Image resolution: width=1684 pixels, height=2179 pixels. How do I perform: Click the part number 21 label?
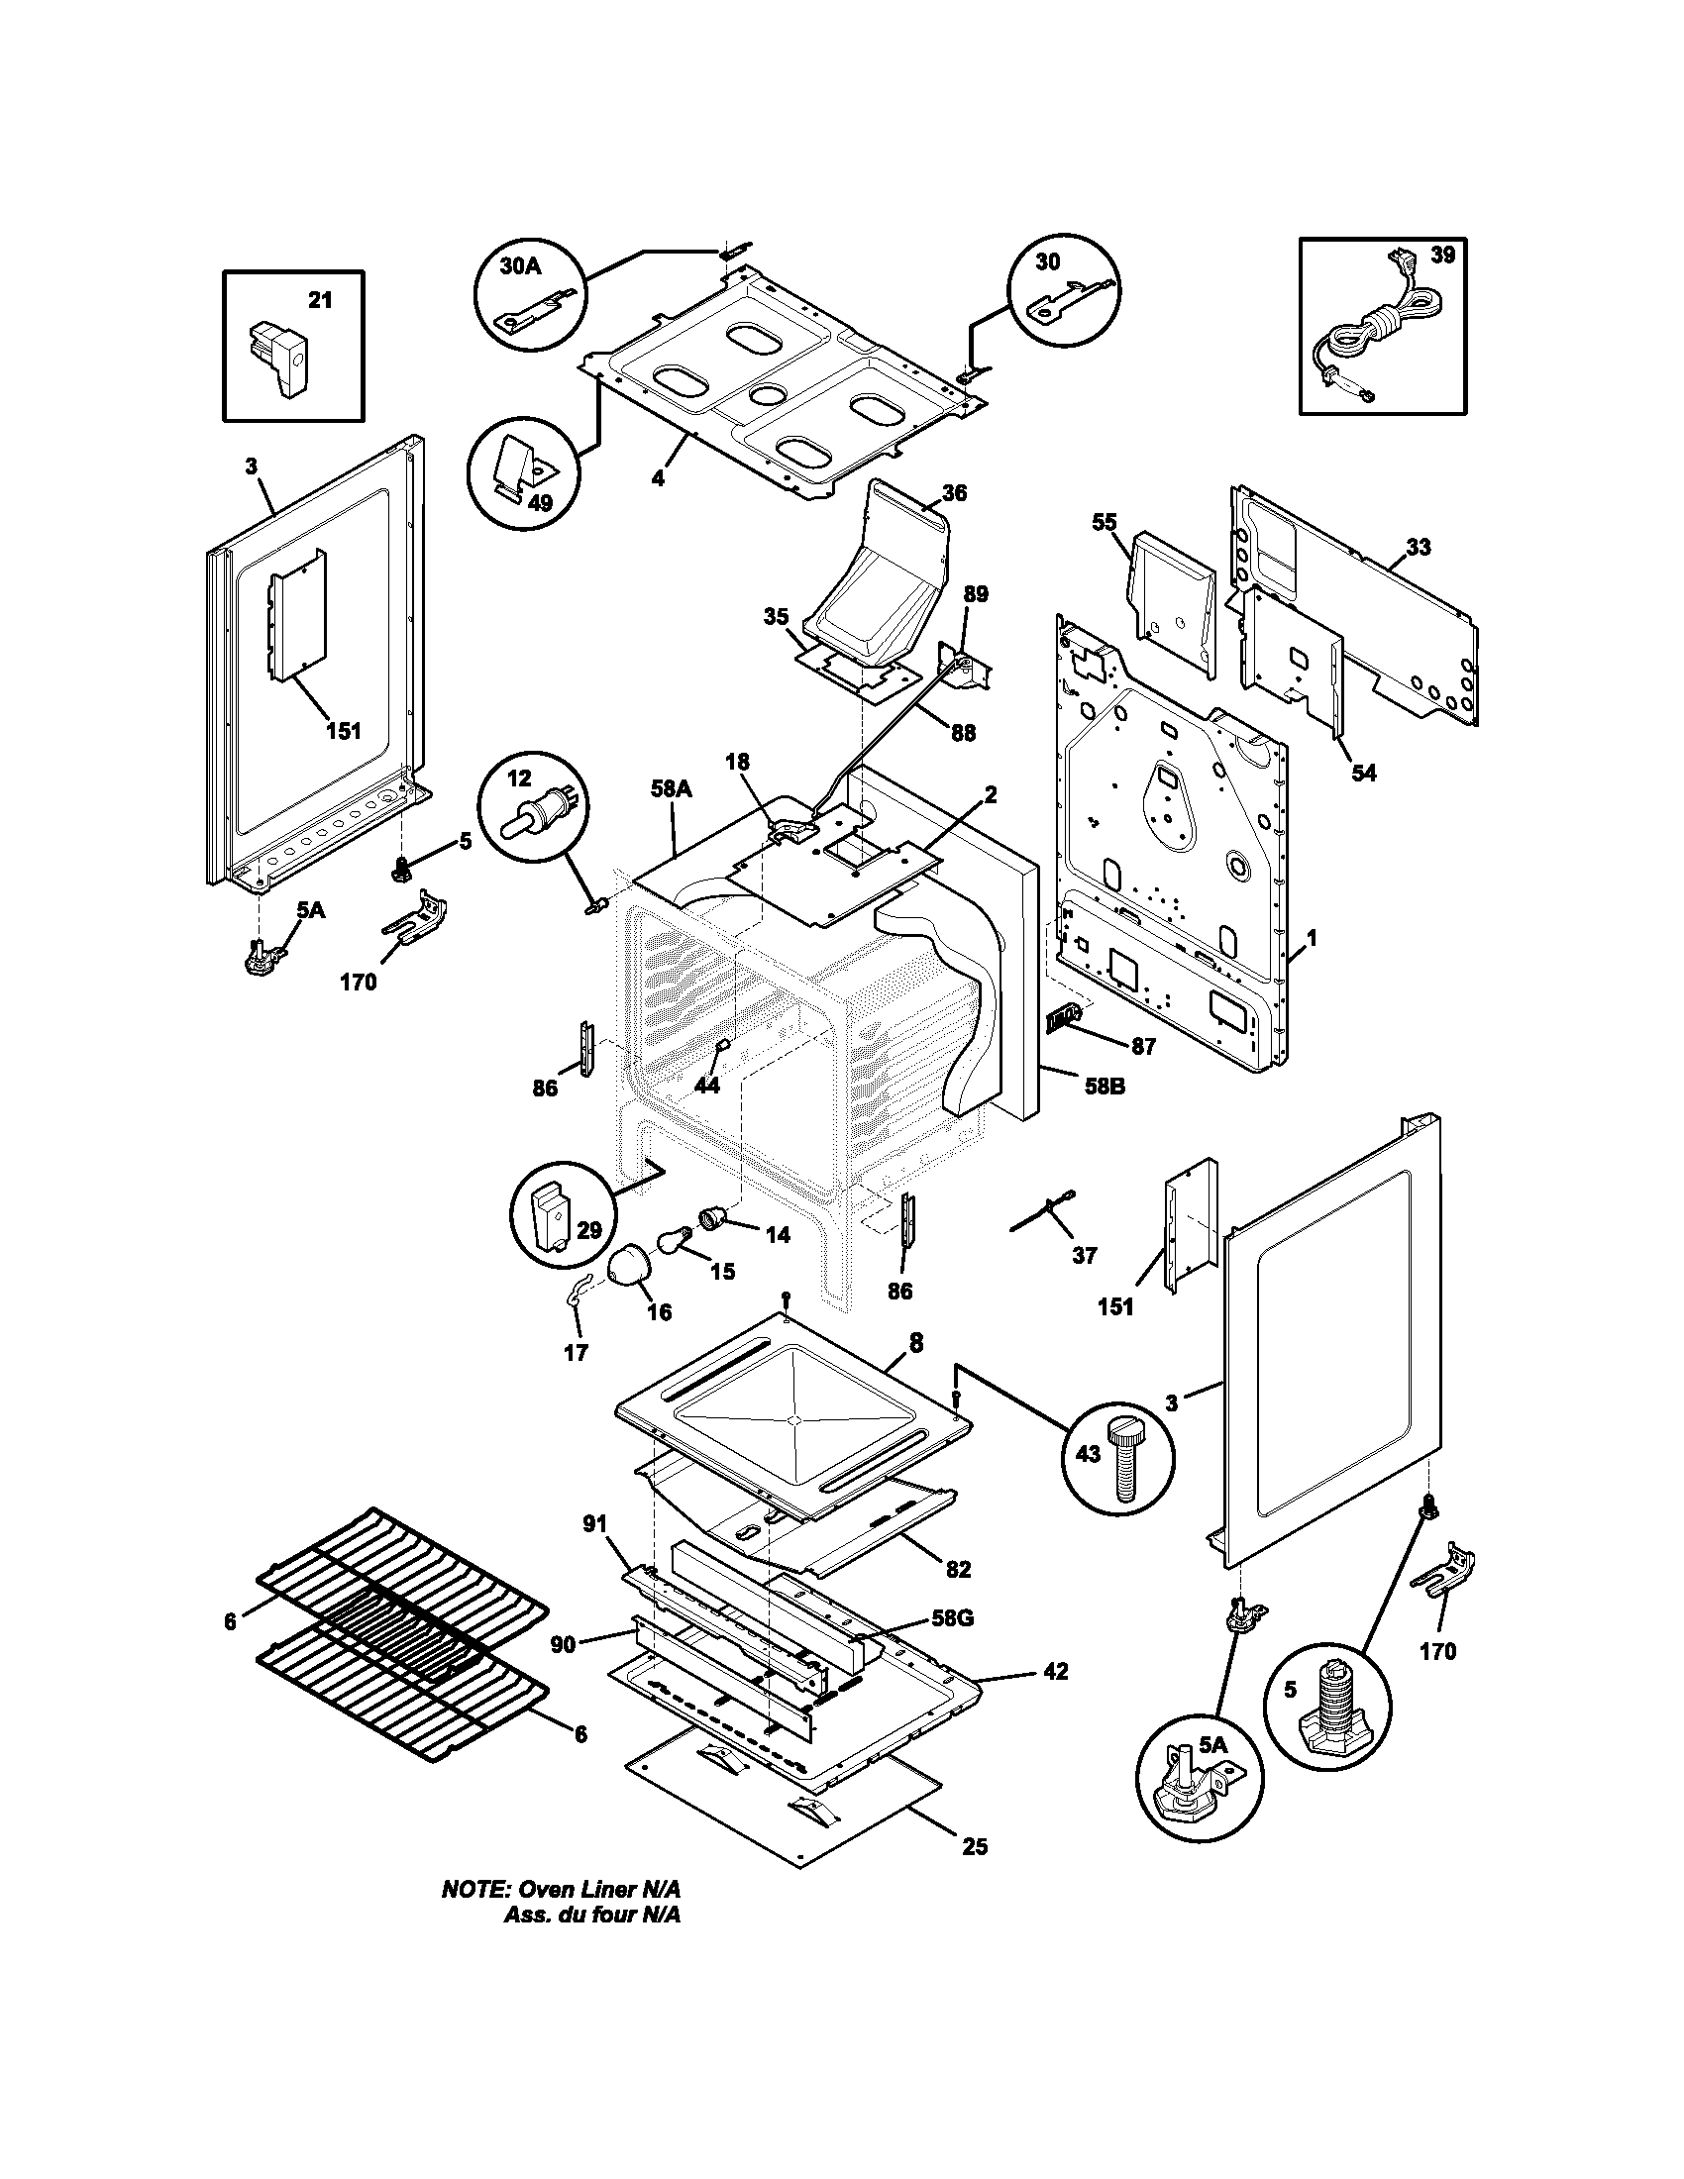(319, 300)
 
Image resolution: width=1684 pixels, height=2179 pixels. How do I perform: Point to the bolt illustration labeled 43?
(1124, 1464)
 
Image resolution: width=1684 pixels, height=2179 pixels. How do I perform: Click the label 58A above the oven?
(671, 789)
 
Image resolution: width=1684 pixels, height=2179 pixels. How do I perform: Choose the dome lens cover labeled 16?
(629, 1271)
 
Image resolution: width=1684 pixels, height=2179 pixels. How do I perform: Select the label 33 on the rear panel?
(1418, 547)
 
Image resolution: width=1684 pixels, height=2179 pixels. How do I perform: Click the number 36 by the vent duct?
(954, 493)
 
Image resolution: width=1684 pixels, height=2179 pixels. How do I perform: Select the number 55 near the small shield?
(1105, 522)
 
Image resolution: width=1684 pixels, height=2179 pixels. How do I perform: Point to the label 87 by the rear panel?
(1142, 1047)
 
